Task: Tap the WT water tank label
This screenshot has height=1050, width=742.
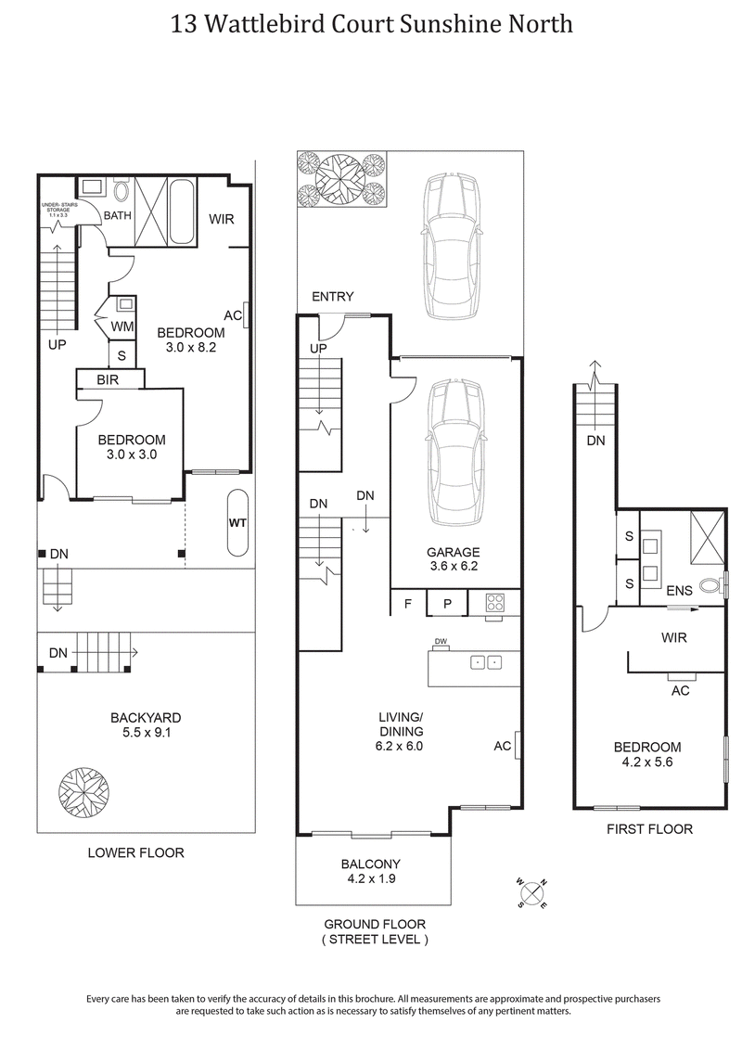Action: point(237,523)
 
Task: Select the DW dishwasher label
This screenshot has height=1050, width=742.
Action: point(441,642)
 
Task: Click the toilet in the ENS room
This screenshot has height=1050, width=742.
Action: point(711,586)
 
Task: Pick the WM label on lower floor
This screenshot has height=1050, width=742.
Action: point(122,327)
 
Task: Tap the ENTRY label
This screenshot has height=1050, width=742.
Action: point(332,297)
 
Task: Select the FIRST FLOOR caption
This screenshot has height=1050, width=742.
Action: point(649,828)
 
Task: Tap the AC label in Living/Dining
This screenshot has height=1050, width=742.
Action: point(503,745)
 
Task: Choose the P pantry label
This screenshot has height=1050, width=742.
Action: point(447,603)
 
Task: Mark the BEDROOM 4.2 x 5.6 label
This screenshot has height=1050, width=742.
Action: point(646,754)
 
